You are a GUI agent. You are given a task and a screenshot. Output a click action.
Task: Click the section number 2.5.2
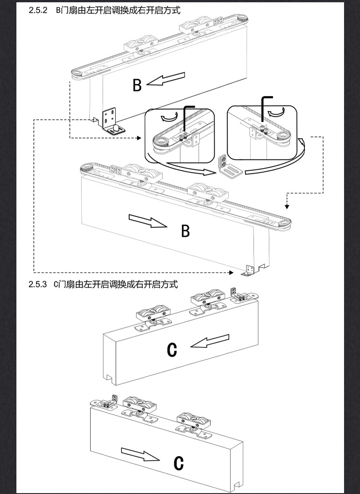38,10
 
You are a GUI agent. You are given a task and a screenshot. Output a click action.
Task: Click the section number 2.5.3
38,285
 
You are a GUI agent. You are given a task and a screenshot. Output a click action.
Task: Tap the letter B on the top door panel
137,85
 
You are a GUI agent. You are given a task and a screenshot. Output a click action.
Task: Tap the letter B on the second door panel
185,231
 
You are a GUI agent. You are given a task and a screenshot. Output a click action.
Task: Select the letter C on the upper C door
172,349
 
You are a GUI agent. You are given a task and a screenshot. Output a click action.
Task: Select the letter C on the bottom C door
179,463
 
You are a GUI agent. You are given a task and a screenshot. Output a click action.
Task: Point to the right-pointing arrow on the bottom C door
139,454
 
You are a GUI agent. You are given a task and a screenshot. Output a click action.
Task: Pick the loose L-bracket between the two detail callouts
228,166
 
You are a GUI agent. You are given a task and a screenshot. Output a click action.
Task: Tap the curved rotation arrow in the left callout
166,118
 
